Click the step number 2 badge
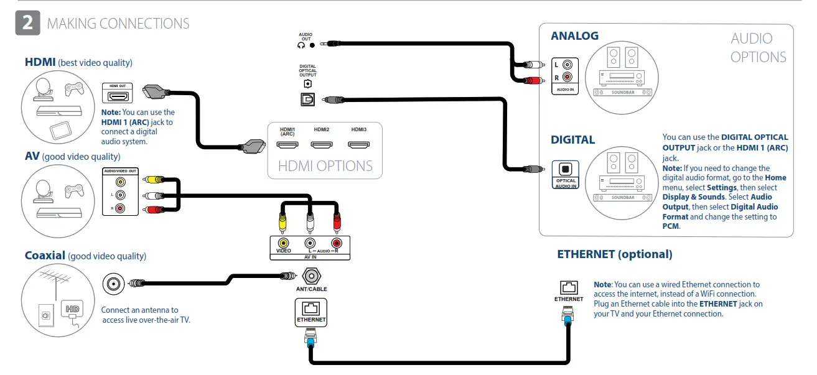pyautogui.click(x=27, y=23)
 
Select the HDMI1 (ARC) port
pyautogui.click(x=287, y=145)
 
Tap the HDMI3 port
pyautogui.click(x=358, y=145)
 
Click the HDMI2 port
pyautogui.click(x=322, y=145)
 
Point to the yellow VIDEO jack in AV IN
pyautogui.click(x=284, y=243)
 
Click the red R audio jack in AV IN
pyautogui.click(x=337, y=243)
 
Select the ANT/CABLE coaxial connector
pyautogui.click(x=311, y=275)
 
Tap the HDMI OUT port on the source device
pyautogui.click(x=118, y=96)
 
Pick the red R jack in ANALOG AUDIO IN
pyautogui.click(x=567, y=78)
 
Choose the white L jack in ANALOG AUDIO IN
pyautogui.click(x=567, y=65)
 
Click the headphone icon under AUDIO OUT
pyautogui.click(x=302, y=45)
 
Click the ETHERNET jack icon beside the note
pyautogui.click(x=569, y=287)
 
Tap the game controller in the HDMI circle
pyautogui.click(x=75, y=89)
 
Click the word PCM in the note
pyautogui.click(x=671, y=226)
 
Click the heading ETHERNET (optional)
pyautogui.click(x=614, y=254)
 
